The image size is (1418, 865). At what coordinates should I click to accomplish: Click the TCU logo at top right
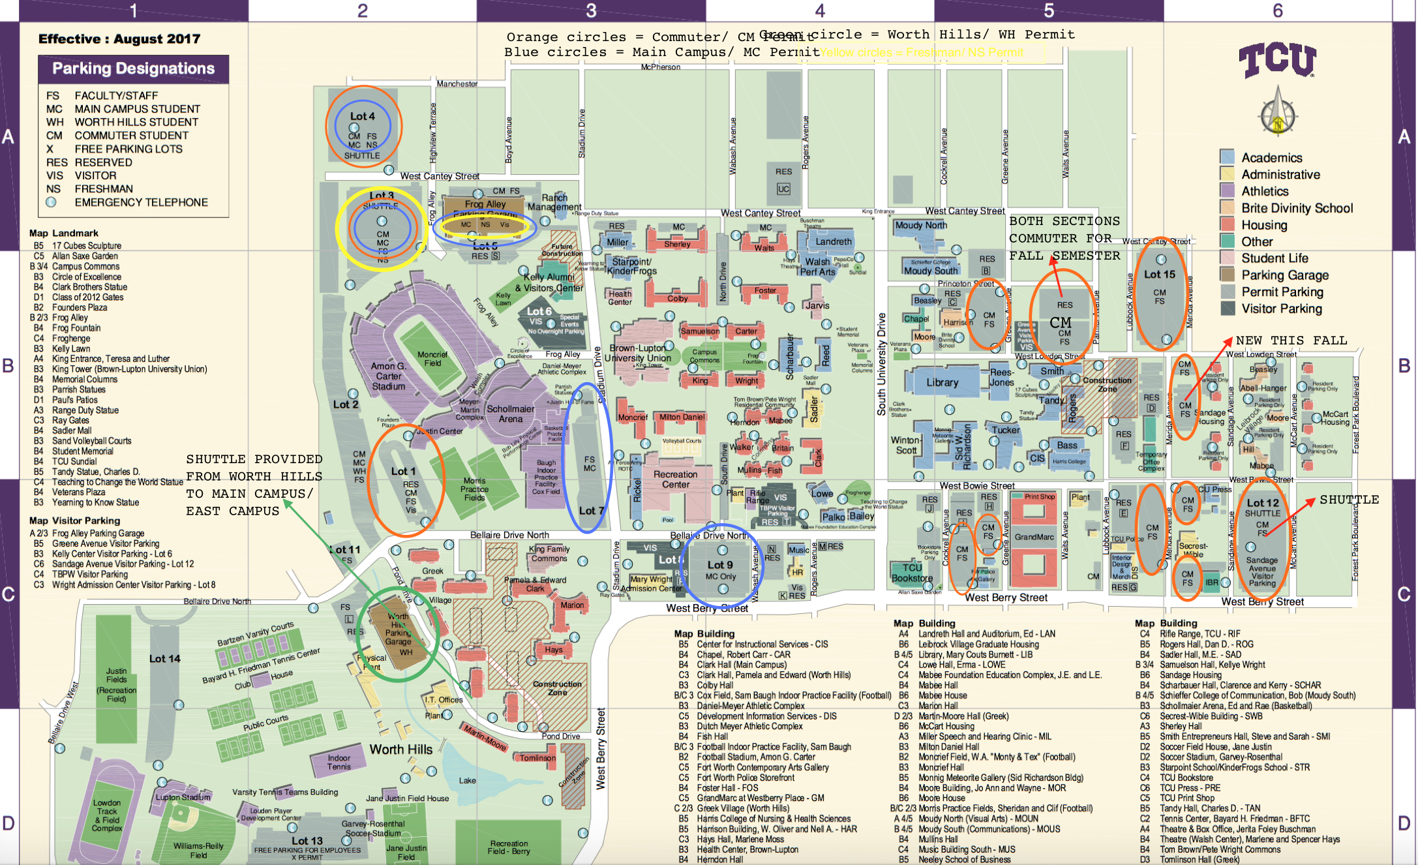pos(1277,61)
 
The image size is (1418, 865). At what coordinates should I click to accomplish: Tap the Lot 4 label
pos(362,116)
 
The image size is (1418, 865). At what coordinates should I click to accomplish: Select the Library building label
pos(942,382)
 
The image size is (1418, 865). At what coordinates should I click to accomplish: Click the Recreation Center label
pos(675,479)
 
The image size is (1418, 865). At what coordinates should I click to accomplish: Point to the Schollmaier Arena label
pos(510,414)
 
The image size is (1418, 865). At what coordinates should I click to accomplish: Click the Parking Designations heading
pos(133,68)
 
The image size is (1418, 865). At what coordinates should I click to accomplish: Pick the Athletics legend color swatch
pos(1227,191)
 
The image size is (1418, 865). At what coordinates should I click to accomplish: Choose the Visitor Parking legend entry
pos(1281,309)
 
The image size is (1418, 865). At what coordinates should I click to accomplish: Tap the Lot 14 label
pos(164,659)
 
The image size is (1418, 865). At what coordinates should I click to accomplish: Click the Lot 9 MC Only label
pos(720,569)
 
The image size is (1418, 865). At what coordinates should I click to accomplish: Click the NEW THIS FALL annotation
pos(1291,340)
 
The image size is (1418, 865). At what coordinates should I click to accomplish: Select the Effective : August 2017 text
pos(119,39)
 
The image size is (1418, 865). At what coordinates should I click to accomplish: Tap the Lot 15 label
pos(1159,275)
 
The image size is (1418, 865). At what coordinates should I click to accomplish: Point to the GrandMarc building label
pos(1034,537)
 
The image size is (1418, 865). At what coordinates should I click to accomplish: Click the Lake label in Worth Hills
pos(467,780)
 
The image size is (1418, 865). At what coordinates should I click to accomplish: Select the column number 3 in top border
pos(591,10)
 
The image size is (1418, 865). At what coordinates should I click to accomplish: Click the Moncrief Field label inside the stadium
pos(432,359)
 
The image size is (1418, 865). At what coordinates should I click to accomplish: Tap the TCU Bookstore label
pos(912,573)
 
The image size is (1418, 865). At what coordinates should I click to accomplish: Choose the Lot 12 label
pos(1262,503)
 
